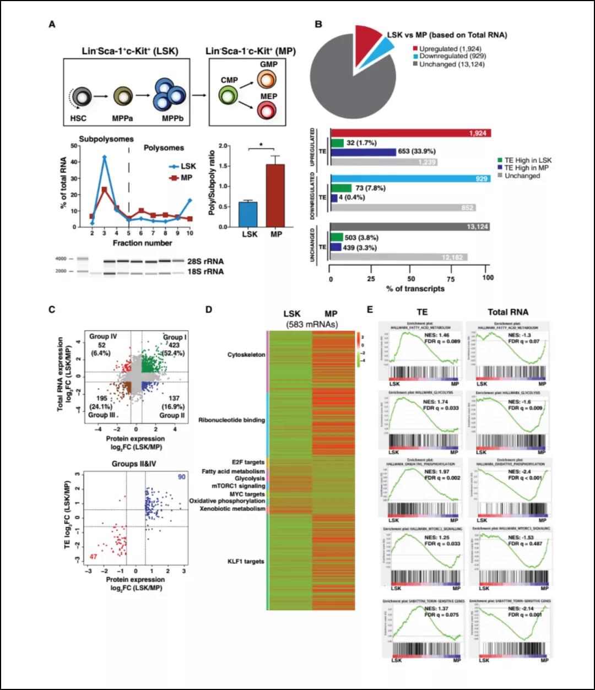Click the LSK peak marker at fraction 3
coord(104,157)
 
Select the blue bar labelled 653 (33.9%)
coord(364,152)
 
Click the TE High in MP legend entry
coord(523,168)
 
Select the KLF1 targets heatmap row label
coord(246,561)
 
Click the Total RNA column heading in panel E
coord(507,312)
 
